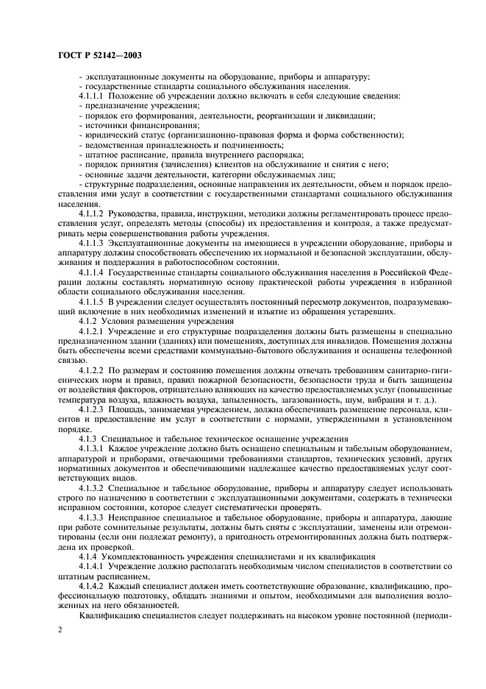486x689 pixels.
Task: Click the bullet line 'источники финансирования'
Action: (120, 125)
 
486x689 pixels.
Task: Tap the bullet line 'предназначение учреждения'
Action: (124, 106)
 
